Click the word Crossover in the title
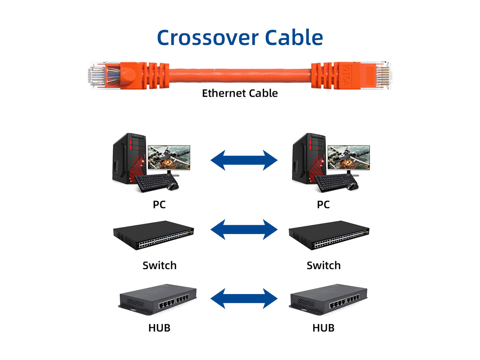(x=208, y=37)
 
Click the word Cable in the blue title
(x=294, y=37)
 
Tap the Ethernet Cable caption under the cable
(x=240, y=93)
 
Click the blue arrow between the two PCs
(x=244, y=160)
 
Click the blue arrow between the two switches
(x=244, y=229)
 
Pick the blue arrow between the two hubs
(x=244, y=298)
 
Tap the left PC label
(x=159, y=204)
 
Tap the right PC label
(x=323, y=204)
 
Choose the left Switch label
(x=159, y=265)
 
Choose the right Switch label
(x=324, y=265)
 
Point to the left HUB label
(x=159, y=328)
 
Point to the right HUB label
(x=323, y=328)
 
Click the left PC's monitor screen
(x=169, y=158)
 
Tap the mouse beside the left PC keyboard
(x=172, y=186)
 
